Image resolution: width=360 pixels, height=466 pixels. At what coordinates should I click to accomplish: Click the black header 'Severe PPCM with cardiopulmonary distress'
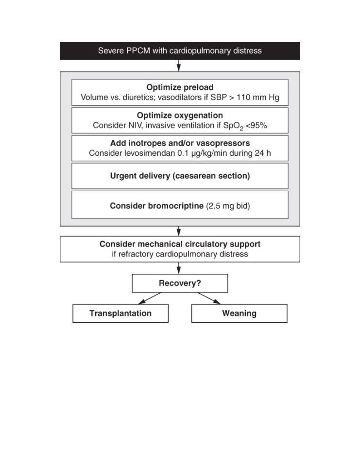(180, 51)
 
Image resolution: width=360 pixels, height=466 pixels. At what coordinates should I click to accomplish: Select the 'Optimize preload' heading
(180, 87)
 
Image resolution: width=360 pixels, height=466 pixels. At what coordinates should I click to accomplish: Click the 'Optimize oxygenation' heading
(180, 116)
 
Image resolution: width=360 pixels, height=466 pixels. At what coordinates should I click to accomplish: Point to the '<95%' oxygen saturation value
(256, 125)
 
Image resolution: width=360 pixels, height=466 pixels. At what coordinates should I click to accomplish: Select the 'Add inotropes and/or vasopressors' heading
(180, 143)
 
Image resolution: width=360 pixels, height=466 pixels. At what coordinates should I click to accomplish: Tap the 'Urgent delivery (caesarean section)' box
(180, 176)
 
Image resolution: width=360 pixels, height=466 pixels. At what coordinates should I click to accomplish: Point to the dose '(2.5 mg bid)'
(228, 206)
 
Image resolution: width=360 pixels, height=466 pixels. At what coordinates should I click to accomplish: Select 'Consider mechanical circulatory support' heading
(180, 244)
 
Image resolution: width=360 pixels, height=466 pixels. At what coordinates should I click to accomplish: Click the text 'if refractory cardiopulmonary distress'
(180, 254)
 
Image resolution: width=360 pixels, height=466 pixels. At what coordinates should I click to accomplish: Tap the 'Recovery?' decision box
(180, 283)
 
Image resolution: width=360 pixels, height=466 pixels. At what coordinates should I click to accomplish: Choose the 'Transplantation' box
(120, 313)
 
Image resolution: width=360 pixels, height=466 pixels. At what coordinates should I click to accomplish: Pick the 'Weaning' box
(239, 313)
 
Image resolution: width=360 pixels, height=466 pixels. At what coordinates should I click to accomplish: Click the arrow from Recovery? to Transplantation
(150, 298)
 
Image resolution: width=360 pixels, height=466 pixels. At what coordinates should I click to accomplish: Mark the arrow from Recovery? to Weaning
(209, 298)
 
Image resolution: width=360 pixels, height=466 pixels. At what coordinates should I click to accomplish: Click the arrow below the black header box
(178, 66)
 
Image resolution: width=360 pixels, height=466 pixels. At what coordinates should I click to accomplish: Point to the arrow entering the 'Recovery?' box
(178, 268)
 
